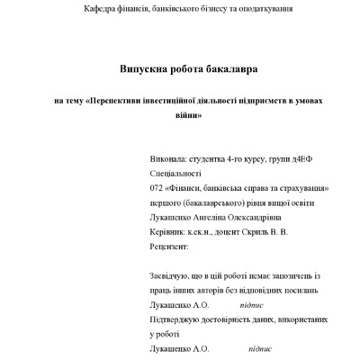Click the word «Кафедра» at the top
point(99,8)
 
